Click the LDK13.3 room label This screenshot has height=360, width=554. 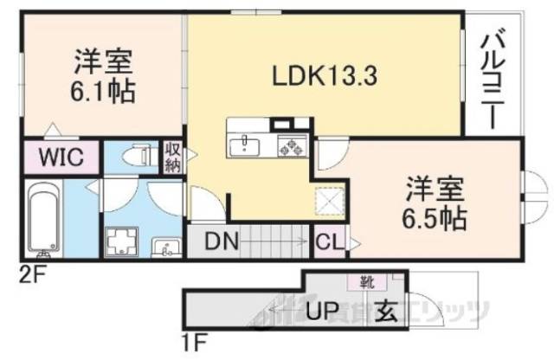313,76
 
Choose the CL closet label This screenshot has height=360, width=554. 330,242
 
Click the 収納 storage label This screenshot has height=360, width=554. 172,157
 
